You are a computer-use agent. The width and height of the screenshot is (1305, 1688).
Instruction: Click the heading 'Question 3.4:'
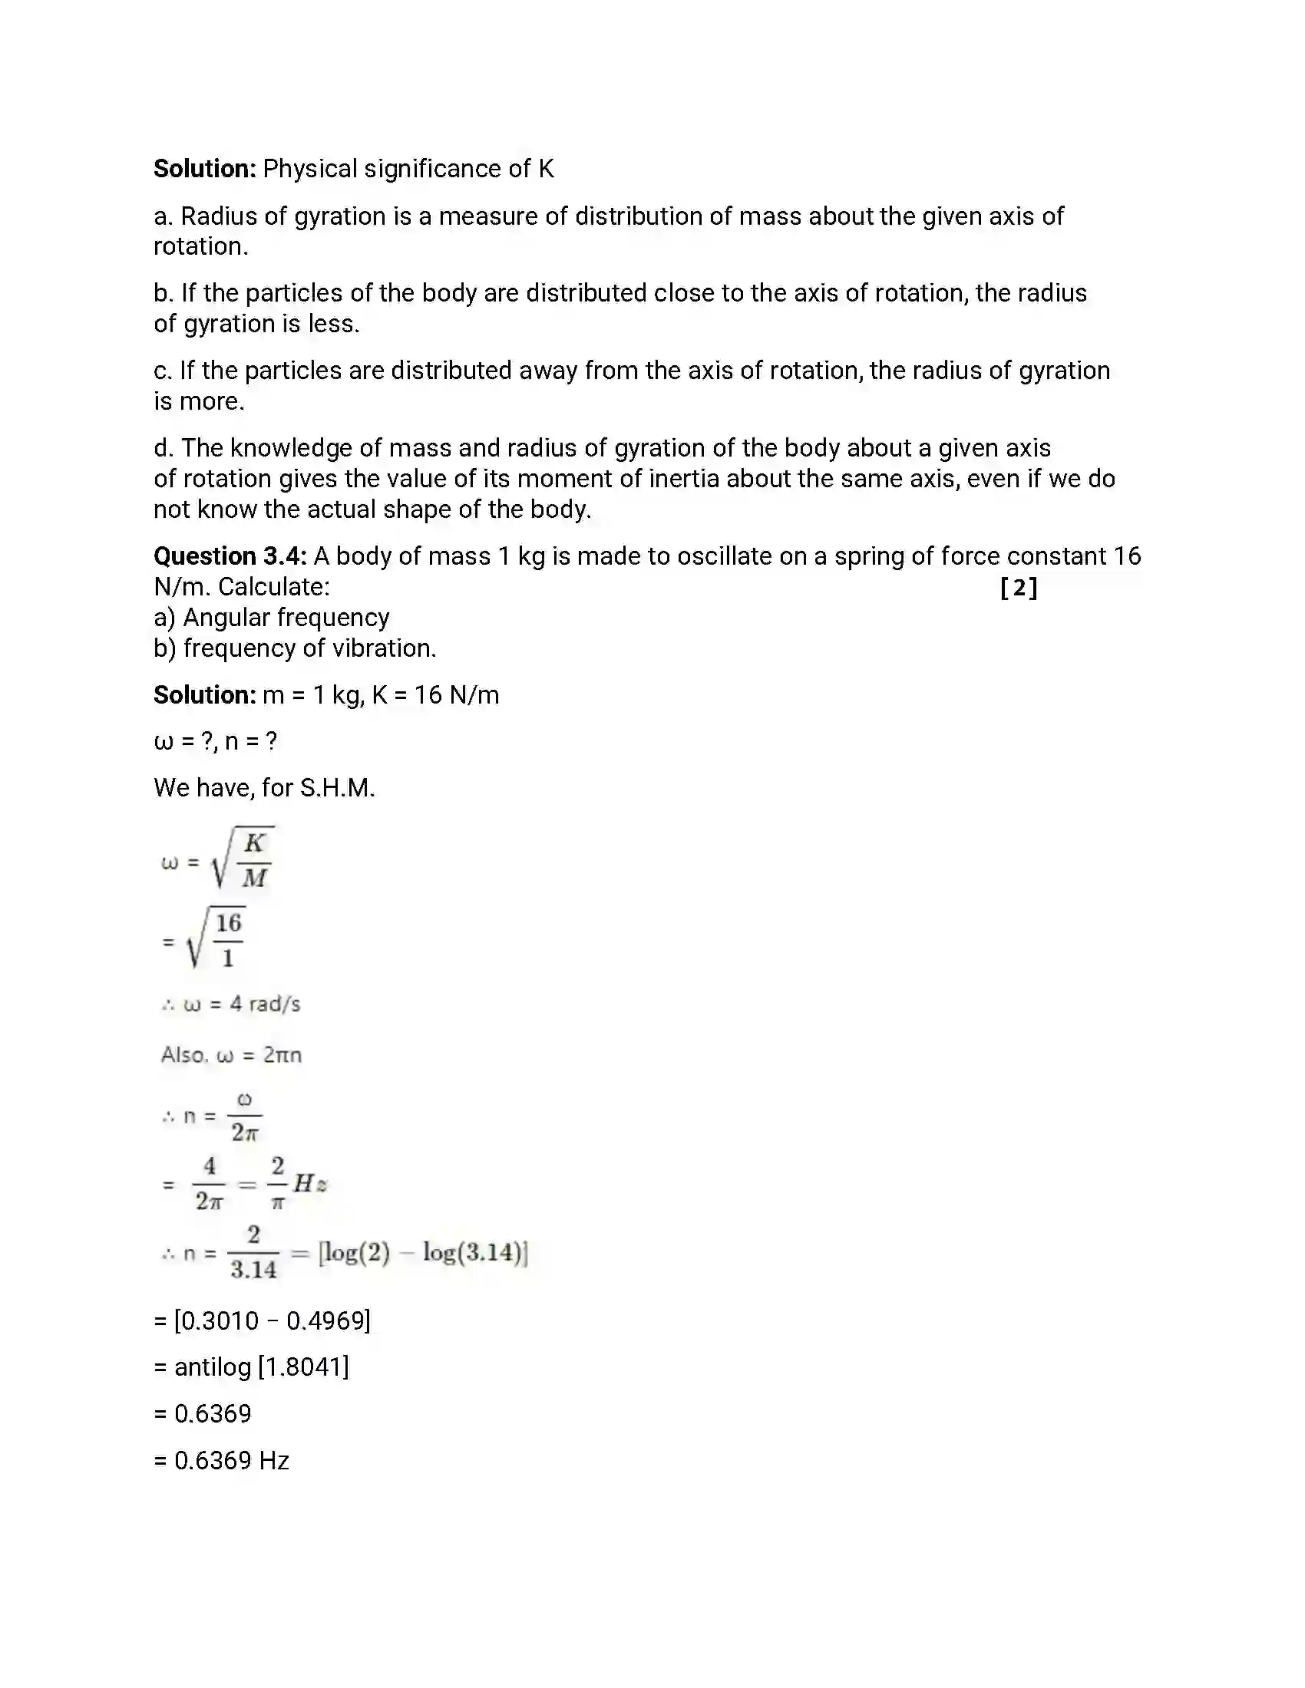[x=230, y=556]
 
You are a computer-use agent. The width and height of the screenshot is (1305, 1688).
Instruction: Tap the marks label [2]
[x=1018, y=588]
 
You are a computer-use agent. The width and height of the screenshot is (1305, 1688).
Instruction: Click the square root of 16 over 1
[x=216, y=939]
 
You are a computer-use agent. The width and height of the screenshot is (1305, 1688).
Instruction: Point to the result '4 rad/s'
[x=265, y=1004]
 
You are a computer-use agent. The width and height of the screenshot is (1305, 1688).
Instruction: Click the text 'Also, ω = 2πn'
[x=230, y=1055]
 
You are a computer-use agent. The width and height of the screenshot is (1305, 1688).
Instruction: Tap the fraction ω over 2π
[x=244, y=1116]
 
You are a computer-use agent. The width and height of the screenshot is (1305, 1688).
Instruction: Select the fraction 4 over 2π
[x=209, y=1183]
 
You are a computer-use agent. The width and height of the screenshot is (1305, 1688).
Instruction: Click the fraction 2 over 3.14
[x=253, y=1253]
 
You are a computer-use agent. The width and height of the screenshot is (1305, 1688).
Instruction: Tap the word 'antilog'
[x=213, y=1367]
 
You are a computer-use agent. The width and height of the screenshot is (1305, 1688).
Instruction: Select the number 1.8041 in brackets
[x=303, y=1367]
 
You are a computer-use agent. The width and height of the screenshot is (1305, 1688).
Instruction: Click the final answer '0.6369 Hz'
[x=230, y=1460]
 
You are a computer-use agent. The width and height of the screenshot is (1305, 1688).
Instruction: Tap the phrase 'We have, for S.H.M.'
[x=263, y=787]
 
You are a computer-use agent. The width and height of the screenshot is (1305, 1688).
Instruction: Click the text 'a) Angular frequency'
[x=271, y=618]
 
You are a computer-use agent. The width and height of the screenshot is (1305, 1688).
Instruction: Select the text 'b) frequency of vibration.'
[x=295, y=648]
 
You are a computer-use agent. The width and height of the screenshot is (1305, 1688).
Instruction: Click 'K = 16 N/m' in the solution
[x=435, y=695]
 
